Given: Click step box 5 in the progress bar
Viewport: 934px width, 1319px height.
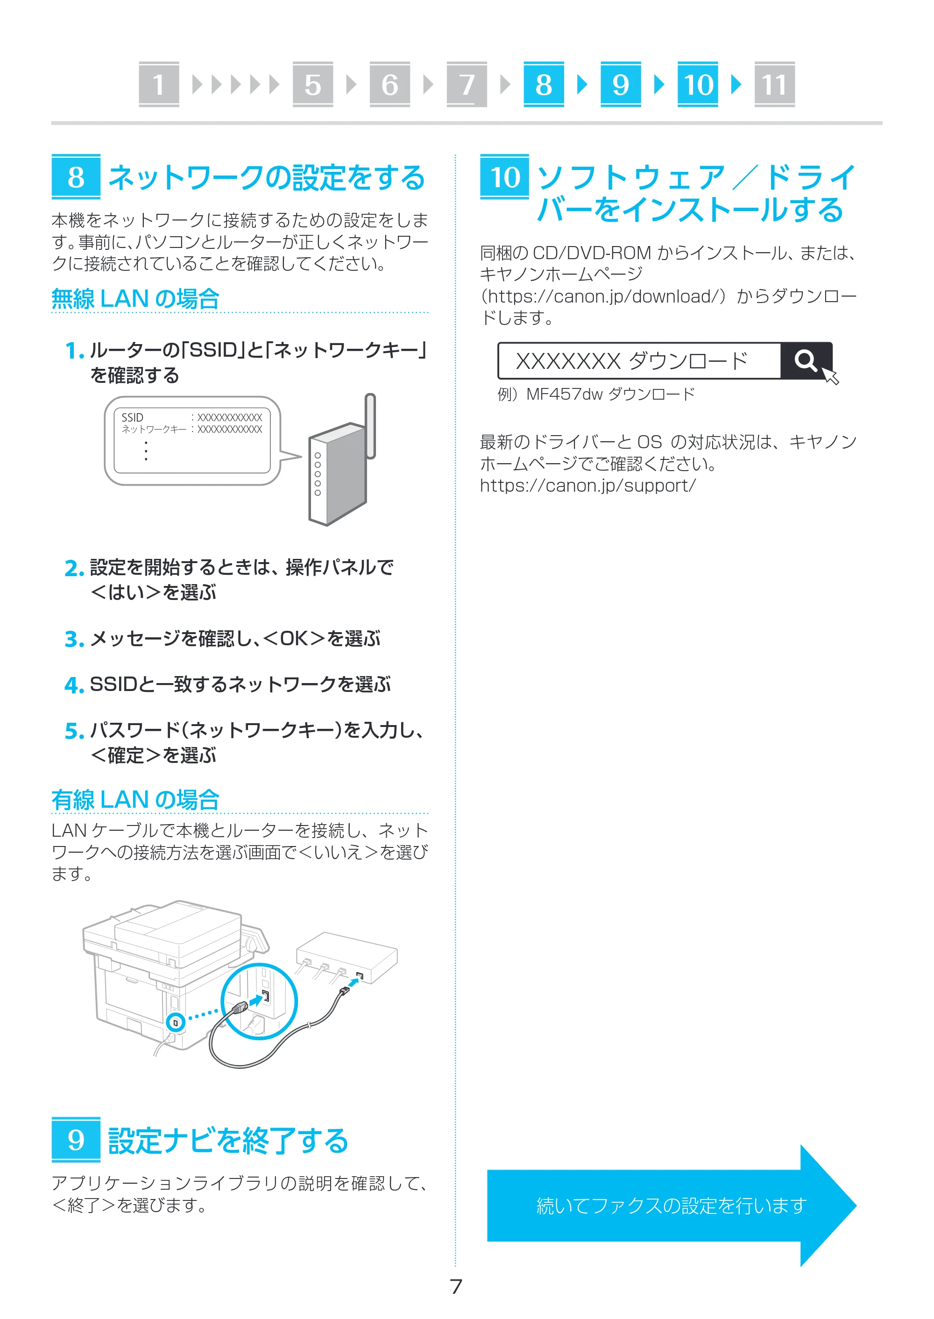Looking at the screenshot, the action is click(x=313, y=85).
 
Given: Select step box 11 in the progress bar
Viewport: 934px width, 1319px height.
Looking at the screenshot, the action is click(x=774, y=85).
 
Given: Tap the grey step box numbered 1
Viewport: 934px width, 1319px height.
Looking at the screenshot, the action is click(x=159, y=85).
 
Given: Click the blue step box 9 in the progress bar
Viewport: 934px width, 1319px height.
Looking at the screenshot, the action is click(x=621, y=85).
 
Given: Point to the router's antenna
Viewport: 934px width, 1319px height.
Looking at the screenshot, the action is click(x=370, y=425).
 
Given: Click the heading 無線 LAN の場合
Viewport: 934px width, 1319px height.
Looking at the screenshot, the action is click(x=135, y=299).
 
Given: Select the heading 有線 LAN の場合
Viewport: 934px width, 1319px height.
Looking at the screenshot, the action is click(x=135, y=799).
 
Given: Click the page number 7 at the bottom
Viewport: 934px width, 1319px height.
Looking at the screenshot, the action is click(x=456, y=1286).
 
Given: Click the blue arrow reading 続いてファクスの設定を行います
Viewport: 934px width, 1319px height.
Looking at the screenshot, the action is click(x=671, y=1205).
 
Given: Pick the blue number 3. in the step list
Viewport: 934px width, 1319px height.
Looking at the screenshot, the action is click(x=75, y=639).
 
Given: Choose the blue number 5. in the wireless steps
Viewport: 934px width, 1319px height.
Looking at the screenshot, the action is click(x=75, y=731).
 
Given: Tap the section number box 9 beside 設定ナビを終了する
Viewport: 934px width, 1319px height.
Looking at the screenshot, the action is click(x=76, y=1140).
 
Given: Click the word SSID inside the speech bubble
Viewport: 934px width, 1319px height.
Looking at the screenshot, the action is click(x=132, y=417).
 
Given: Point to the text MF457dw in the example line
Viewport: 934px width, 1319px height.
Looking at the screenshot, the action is click(x=565, y=394).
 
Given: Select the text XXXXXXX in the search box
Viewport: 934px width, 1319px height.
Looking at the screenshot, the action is click(x=568, y=361).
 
